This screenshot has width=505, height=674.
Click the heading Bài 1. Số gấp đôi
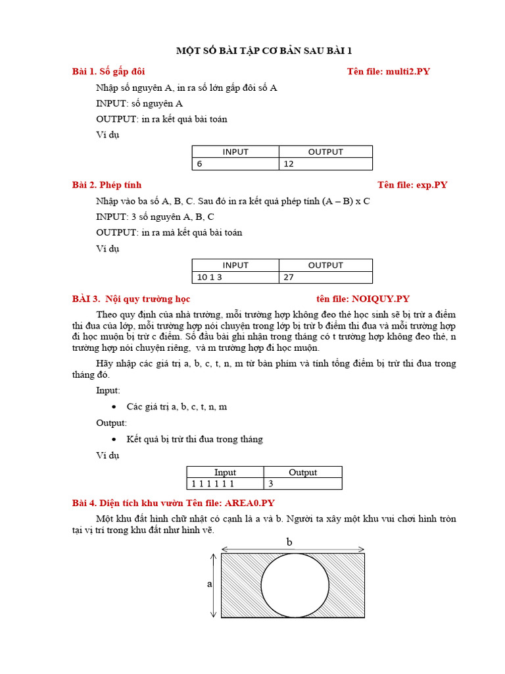point(108,71)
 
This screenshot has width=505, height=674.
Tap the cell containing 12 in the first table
point(325,164)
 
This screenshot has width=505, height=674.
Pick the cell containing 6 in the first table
point(235,164)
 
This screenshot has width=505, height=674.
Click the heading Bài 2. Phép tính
point(107,184)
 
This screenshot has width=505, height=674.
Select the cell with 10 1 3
point(235,277)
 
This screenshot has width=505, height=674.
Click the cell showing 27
point(325,277)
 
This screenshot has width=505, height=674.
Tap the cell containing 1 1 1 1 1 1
point(225,484)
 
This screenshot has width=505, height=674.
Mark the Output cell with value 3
point(302,484)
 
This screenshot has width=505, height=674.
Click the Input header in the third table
point(225,472)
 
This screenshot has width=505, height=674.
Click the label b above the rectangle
point(289,542)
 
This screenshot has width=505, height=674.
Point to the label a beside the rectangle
point(210,584)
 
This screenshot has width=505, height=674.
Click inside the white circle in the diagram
point(295,585)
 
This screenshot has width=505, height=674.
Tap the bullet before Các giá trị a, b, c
point(114,407)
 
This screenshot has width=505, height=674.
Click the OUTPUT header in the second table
point(325,265)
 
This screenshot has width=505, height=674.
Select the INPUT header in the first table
point(235,151)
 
